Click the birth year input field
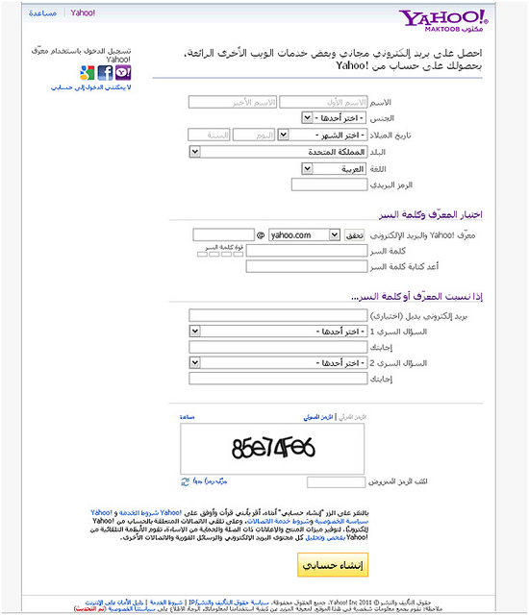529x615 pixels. (209, 135)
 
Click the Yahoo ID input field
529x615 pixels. (223, 234)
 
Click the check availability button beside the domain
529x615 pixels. (355, 234)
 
